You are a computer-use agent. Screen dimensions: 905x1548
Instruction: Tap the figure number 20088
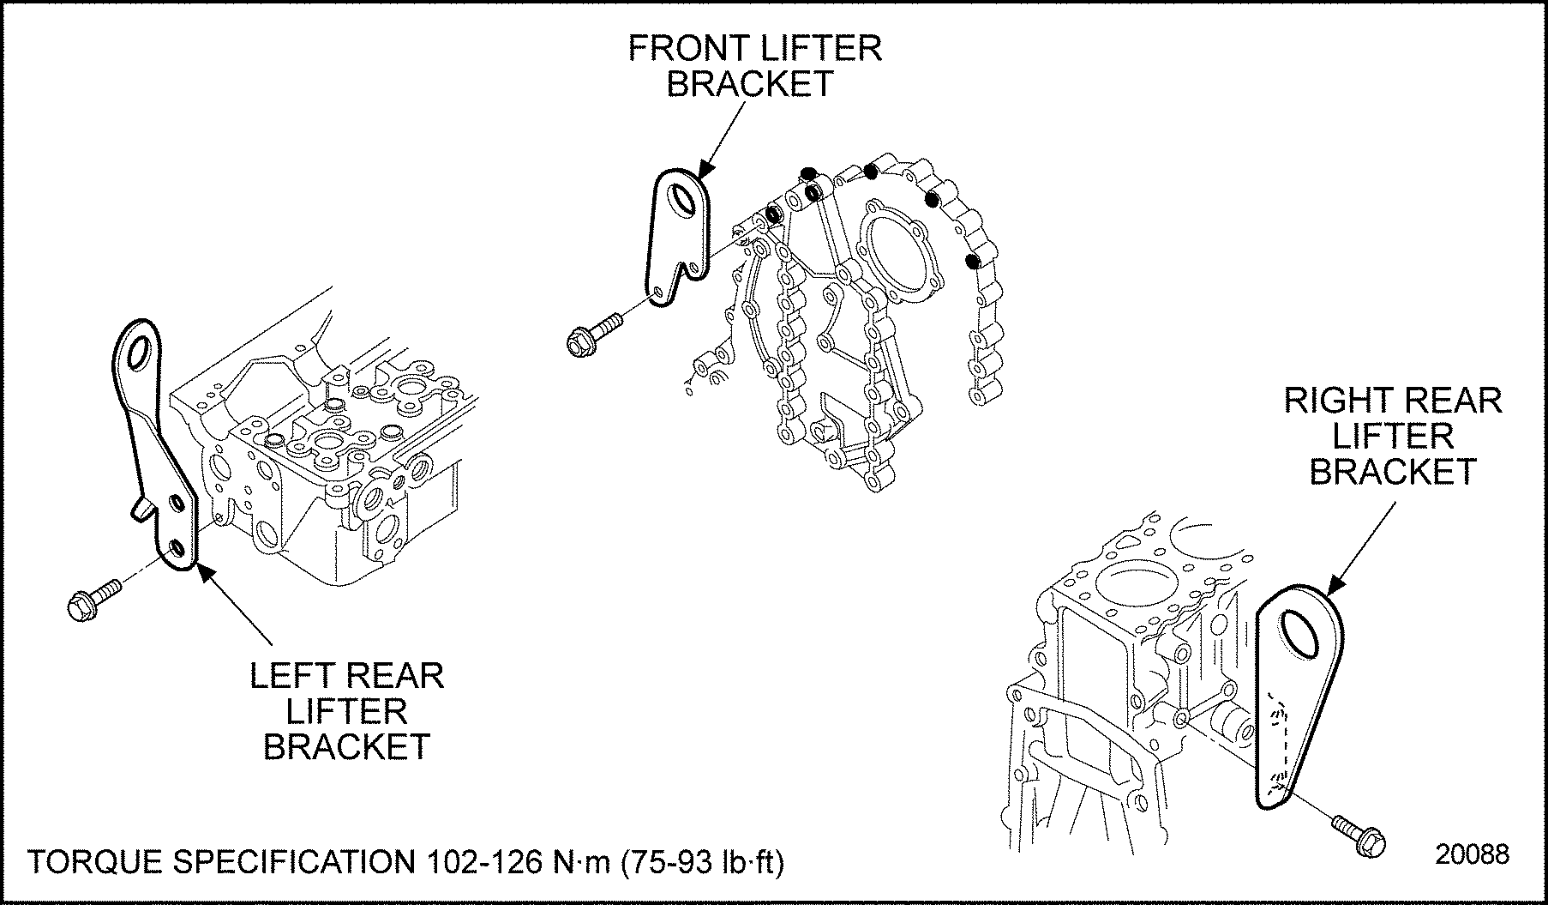point(1473,854)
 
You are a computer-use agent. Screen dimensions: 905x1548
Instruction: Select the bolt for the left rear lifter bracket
point(92,599)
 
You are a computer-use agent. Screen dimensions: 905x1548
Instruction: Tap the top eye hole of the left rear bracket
point(140,348)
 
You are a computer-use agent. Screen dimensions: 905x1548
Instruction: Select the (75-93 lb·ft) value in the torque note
point(699,862)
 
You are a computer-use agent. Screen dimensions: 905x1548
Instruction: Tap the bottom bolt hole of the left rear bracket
point(177,548)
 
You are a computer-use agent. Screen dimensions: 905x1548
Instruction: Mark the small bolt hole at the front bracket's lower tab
point(658,293)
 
